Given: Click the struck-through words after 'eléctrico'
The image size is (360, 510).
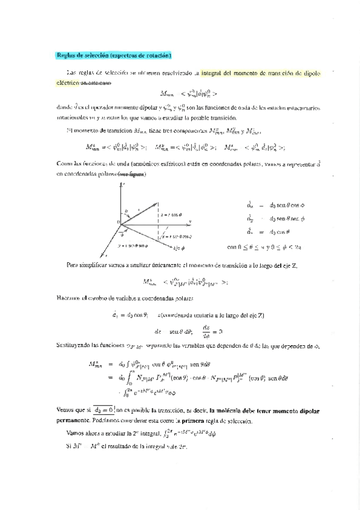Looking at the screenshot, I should point(94,83).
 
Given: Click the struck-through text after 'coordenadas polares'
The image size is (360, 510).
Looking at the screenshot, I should point(132,174).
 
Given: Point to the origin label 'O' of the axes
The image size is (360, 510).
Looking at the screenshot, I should point(118,223).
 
